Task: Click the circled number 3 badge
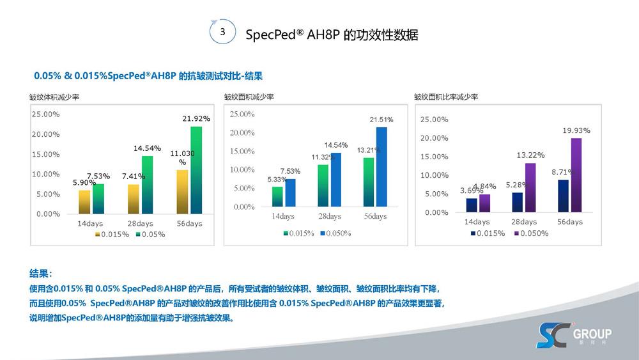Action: coord(222,32)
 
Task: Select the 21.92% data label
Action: coord(196,118)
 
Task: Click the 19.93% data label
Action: coord(576,130)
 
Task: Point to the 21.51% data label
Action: coord(381,120)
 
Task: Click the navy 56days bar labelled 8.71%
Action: coord(564,196)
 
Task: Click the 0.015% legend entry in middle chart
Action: coord(298,233)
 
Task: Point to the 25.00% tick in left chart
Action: coord(46,114)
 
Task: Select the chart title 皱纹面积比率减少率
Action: coord(446,97)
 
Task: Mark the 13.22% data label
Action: coord(530,155)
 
